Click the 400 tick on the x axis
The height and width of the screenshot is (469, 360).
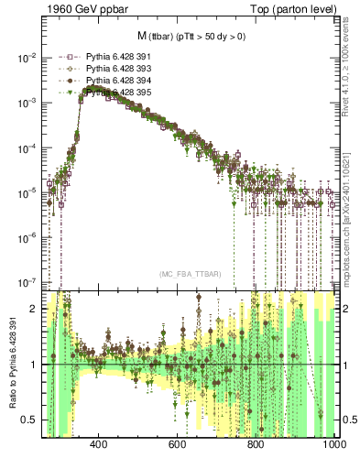[100, 446]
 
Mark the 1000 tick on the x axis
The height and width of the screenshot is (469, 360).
[333, 446]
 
